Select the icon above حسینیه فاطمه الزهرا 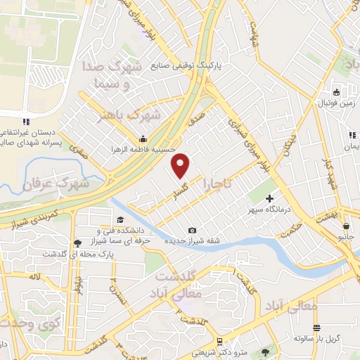coord(143,138)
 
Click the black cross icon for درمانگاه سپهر coord(269,199)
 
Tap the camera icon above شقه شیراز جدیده coord(193,231)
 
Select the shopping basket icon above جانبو coord(347,226)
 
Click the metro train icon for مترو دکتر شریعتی coord(220,342)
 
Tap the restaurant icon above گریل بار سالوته coord(316,327)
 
